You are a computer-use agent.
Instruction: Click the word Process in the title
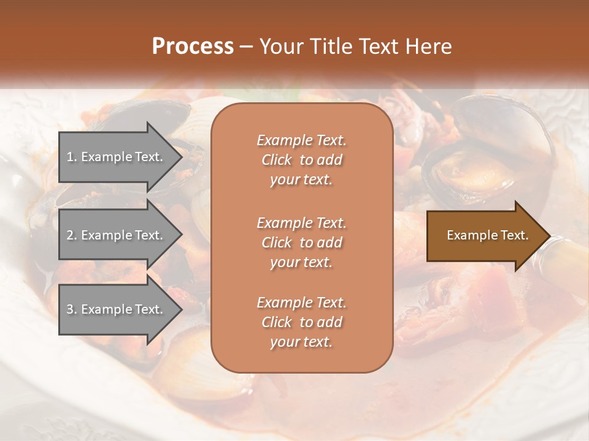pos(193,47)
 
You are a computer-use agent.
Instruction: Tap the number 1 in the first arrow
pos(69,157)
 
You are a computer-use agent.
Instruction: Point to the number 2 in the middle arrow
pos(70,235)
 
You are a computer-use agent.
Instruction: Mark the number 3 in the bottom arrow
pos(70,309)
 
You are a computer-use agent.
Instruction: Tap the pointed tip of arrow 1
pos(180,157)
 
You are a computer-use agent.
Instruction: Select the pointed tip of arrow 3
pos(180,310)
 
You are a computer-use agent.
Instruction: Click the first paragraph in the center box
pos(301,160)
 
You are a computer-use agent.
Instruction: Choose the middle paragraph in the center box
pos(301,243)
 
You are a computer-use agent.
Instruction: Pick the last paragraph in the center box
pos(301,322)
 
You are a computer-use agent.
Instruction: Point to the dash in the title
pos(246,47)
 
